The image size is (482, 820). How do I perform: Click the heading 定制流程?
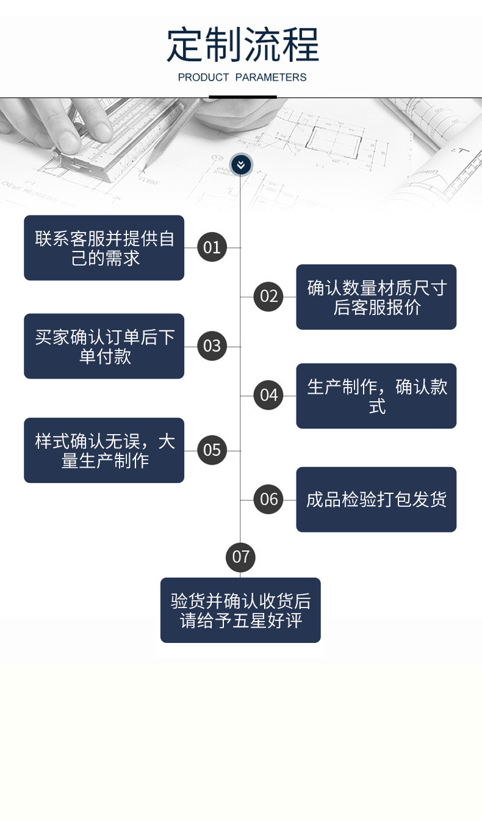242,45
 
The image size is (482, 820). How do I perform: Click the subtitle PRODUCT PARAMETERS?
242,78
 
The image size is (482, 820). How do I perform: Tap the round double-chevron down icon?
241,164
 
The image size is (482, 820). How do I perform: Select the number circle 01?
212,247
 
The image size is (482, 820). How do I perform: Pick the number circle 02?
268,297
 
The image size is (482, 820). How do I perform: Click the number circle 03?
212,346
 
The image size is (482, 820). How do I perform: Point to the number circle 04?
268,396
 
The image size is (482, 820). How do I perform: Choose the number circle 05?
212,451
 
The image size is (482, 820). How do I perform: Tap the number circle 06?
268,499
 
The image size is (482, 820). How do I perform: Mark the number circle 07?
240,557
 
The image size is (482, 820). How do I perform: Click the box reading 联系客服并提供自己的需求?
104,248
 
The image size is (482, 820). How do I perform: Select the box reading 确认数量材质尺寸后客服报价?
376,297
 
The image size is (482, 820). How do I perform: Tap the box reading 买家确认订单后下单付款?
104,346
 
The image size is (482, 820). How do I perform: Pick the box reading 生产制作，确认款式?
376,396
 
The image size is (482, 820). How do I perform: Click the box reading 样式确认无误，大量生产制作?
104,451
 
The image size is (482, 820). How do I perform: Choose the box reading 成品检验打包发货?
376,499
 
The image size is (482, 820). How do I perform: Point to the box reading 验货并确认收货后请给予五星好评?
240,610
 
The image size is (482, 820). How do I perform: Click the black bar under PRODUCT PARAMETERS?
243,96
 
